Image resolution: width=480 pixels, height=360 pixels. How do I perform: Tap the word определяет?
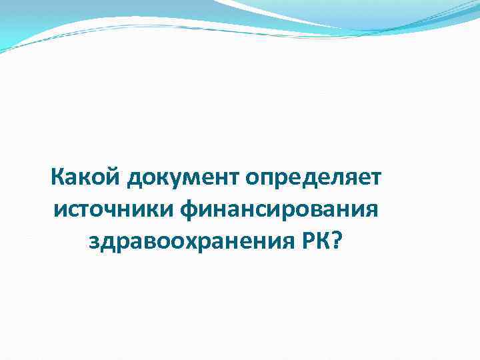pyautogui.click(x=313, y=179)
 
